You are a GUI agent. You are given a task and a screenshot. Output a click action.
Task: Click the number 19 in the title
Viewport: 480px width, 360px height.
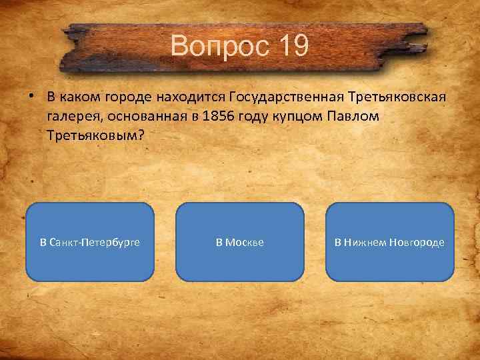click(x=291, y=47)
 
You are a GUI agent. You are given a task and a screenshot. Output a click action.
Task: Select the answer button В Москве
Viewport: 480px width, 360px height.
click(x=239, y=242)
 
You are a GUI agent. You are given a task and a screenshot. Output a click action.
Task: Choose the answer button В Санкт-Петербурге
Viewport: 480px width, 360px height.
click(x=90, y=242)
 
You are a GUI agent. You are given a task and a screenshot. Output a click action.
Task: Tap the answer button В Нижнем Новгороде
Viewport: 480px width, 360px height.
click(x=389, y=242)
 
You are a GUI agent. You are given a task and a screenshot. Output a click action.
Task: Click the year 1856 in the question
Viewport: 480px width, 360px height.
click(x=205, y=116)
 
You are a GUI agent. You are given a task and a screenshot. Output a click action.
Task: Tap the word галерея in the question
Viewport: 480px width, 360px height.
click(x=71, y=116)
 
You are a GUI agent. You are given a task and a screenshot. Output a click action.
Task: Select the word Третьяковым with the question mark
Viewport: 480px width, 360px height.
click(x=95, y=135)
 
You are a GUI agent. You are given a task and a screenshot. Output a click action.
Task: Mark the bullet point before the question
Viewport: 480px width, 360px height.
click(x=32, y=97)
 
